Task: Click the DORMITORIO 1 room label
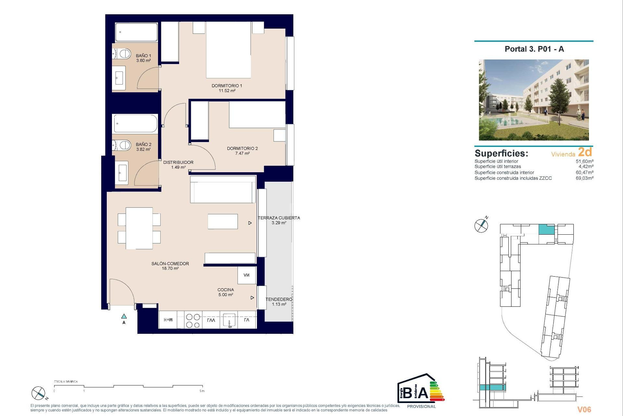(226, 86)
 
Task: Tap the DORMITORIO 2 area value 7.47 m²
(242, 153)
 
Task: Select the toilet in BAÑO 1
(123, 54)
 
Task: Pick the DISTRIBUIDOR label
(178, 162)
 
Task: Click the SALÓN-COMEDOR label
(170, 264)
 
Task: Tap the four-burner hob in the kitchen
(193, 320)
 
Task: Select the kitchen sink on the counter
(229, 320)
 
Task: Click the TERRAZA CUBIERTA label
(279, 218)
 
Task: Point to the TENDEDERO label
(279, 299)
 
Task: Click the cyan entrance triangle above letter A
(124, 316)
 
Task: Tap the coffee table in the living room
(223, 221)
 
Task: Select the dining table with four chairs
(139, 228)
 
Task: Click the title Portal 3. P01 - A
(534, 49)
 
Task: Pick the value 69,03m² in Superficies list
(584, 178)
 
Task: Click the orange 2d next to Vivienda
(585, 152)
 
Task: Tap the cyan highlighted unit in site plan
(546, 229)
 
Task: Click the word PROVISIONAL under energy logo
(421, 406)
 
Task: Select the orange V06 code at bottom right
(584, 409)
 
